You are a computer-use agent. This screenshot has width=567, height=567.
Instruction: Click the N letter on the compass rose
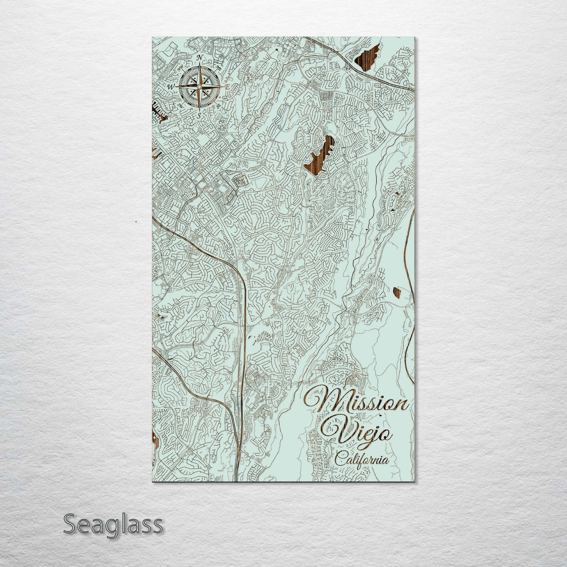(200, 58)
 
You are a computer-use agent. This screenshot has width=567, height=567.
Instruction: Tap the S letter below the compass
(199, 115)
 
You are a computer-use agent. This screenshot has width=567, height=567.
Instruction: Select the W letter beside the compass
(171, 86)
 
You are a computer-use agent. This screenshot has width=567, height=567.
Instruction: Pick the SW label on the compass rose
(181, 105)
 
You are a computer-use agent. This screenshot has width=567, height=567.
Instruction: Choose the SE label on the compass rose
(219, 106)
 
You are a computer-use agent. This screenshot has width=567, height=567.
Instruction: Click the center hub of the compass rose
(199, 86)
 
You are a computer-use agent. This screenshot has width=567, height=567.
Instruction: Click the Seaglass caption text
(113, 524)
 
